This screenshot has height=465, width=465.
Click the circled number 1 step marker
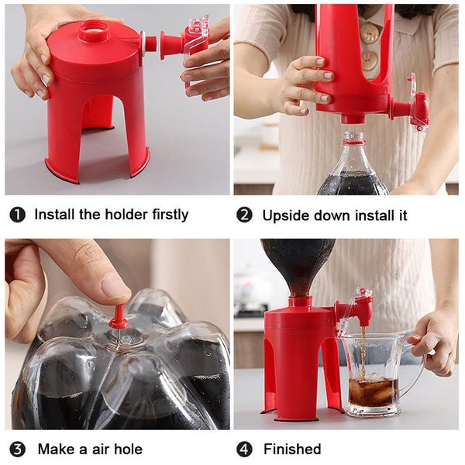(17, 215)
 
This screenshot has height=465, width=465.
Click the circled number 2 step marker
(245, 215)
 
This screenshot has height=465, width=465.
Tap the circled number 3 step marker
(17, 449)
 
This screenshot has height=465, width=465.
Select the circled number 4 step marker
(245, 449)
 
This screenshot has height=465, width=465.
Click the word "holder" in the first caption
(106, 215)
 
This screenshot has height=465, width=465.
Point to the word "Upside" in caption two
(285, 215)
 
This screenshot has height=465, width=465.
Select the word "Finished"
(292, 449)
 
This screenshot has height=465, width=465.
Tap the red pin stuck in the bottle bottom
(118, 316)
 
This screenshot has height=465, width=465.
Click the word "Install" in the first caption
(55, 215)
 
